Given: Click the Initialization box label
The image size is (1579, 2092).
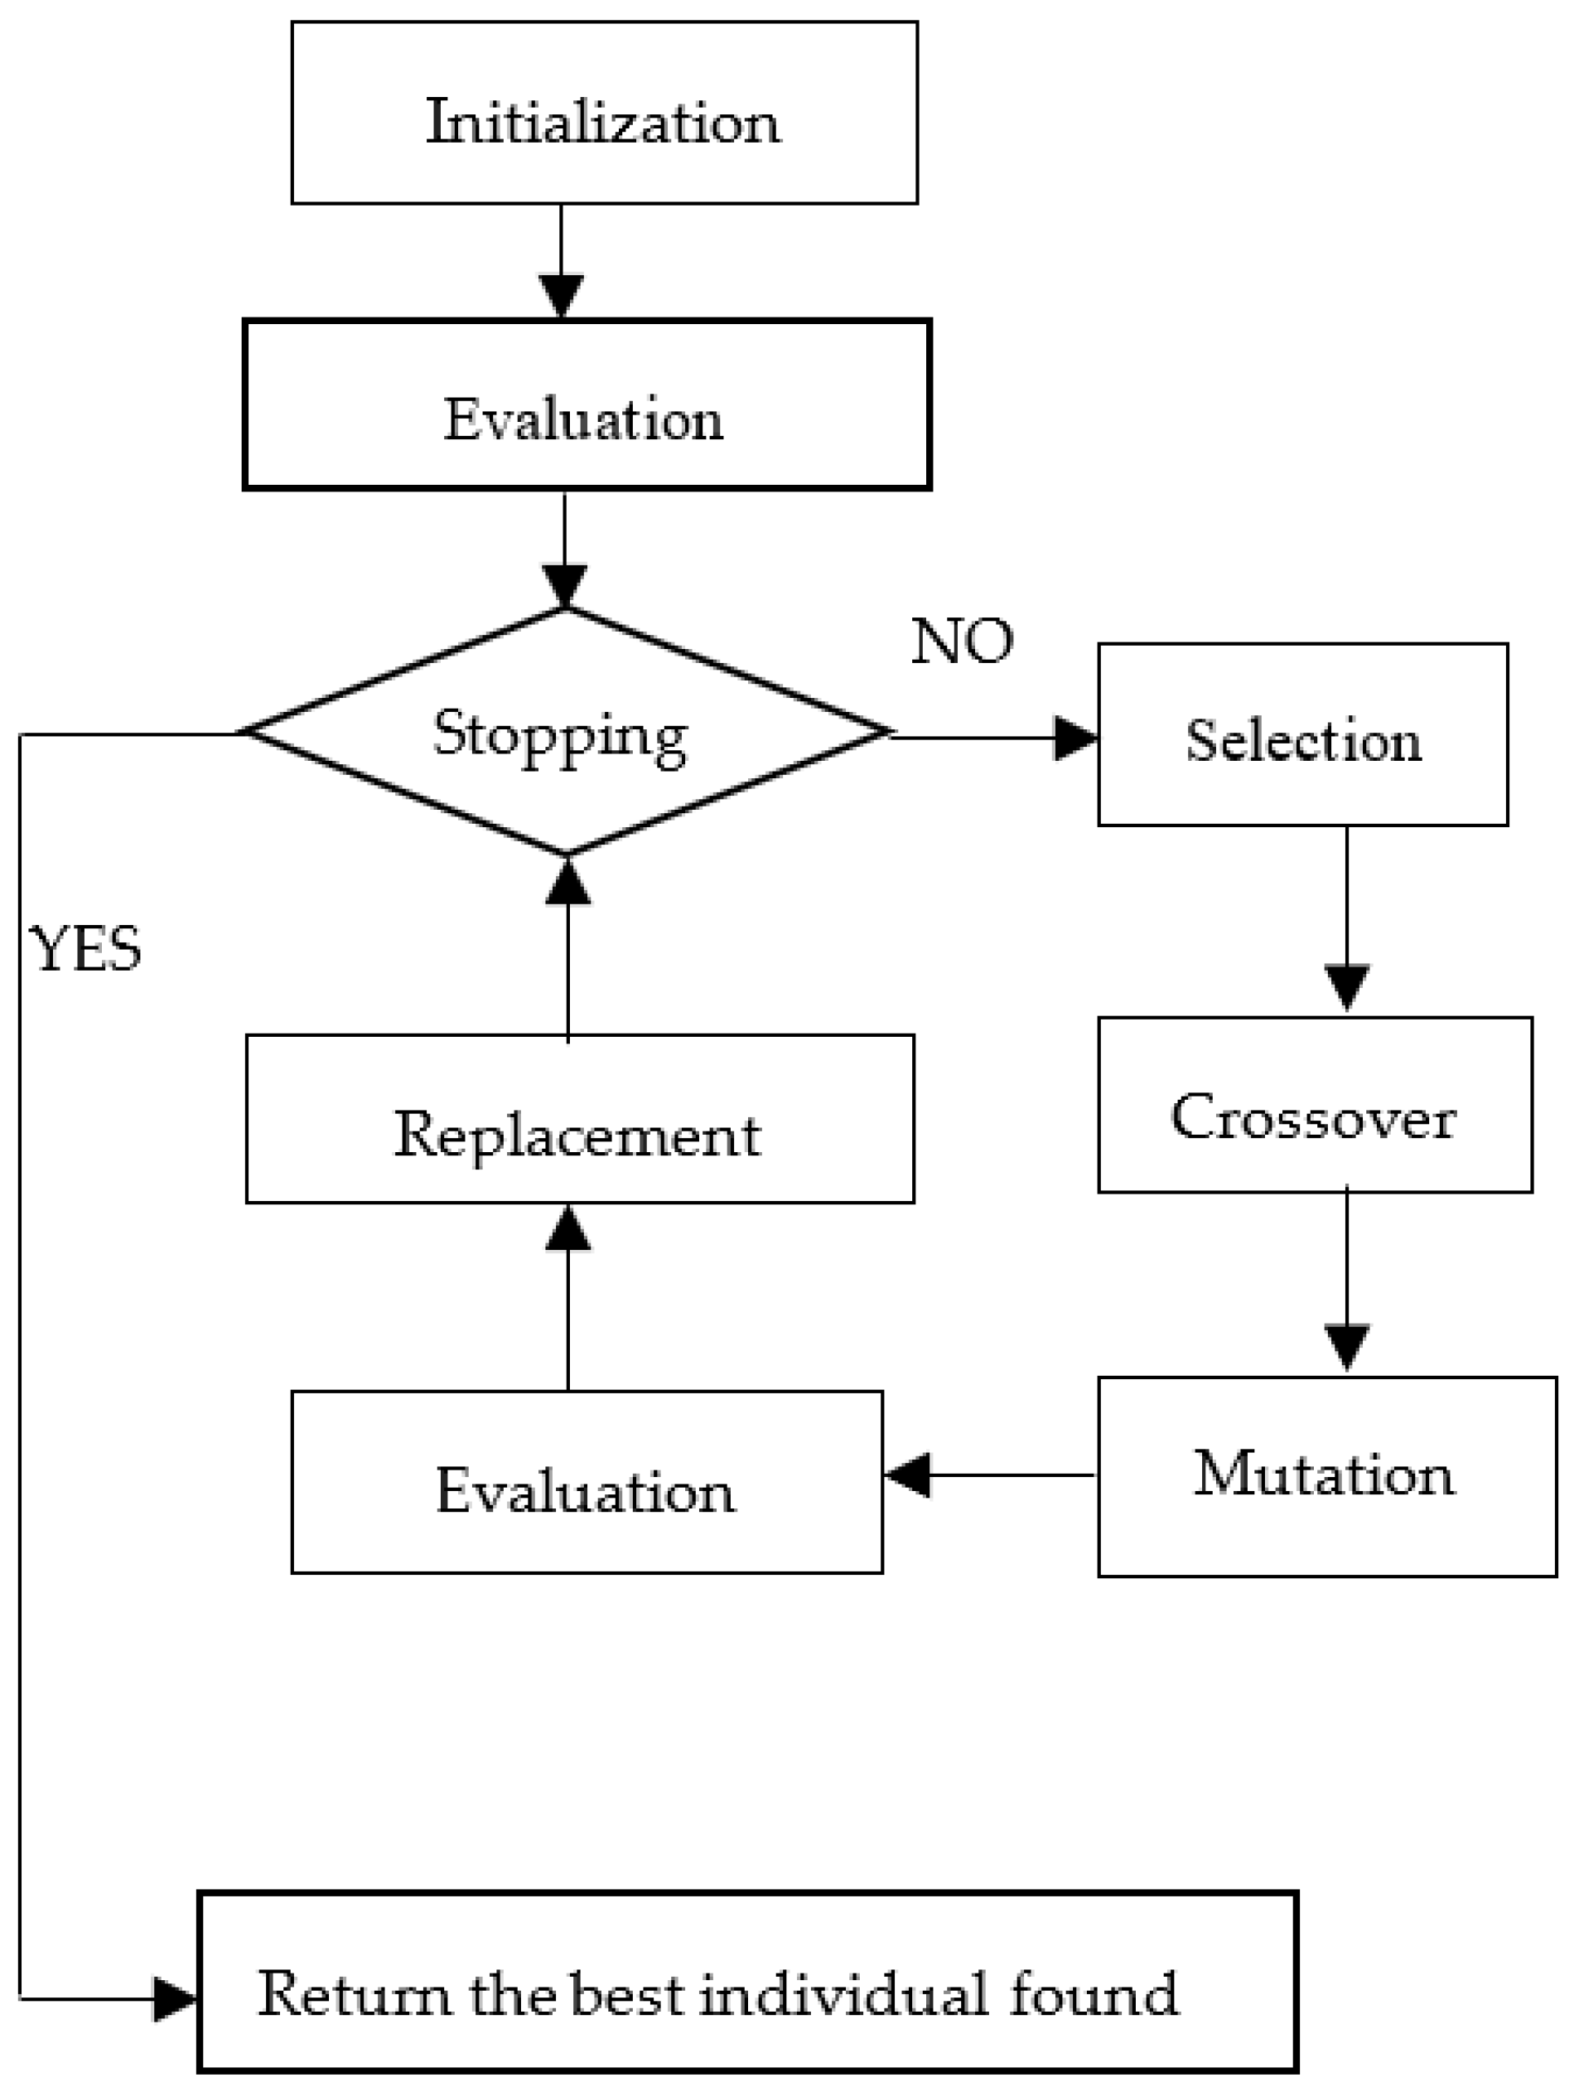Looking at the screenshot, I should (x=603, y=123).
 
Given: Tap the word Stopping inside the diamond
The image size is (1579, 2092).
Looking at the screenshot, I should (x=560, y=734).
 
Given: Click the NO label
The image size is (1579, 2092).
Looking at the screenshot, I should (x=962, y=642).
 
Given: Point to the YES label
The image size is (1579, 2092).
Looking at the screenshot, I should (x=85, y=948).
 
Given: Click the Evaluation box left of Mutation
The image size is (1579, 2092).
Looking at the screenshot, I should (x=587, y=1490).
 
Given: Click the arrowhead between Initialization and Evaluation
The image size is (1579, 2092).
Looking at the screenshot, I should (x=561, y=296).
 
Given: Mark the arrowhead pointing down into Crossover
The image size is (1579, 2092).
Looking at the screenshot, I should (x=1346, y=987).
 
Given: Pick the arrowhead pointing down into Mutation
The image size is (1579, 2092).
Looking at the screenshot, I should (x=1346, y=1347).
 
